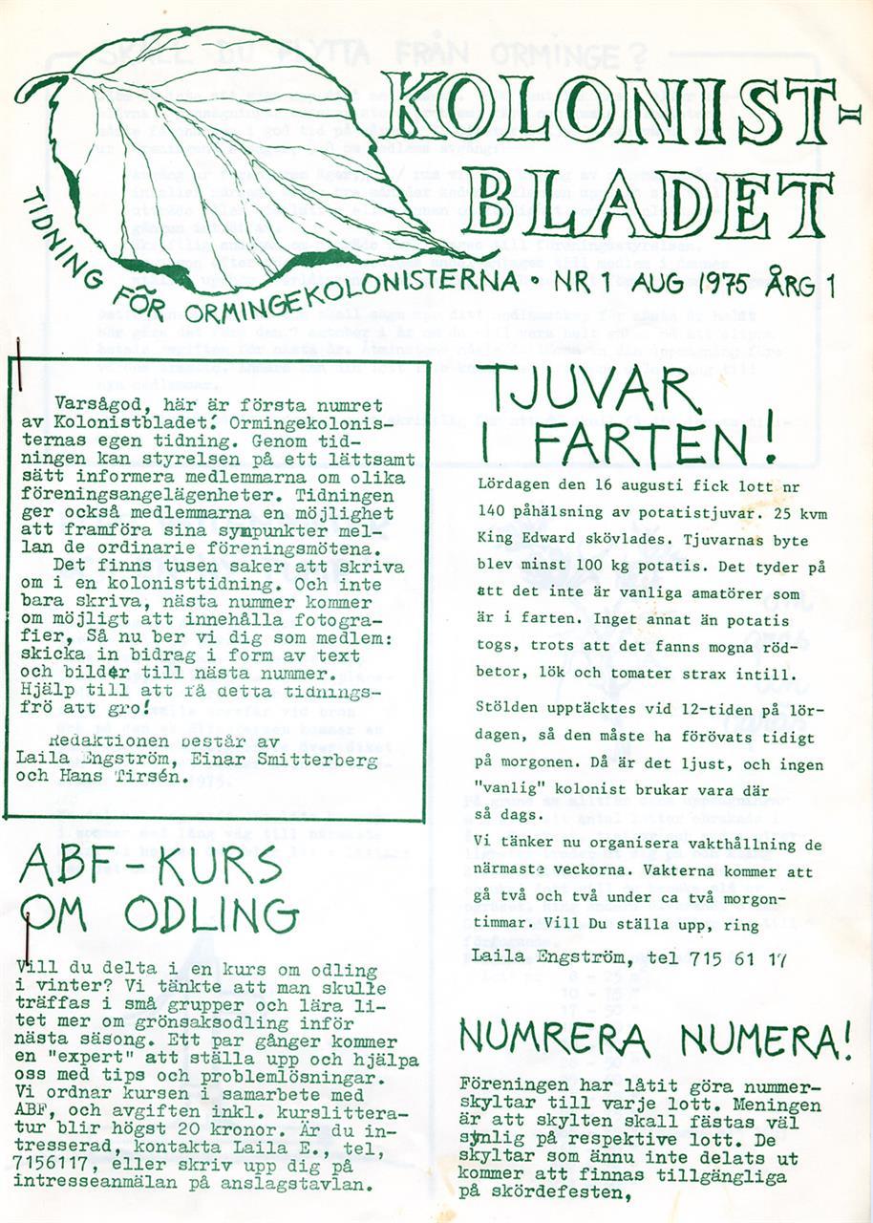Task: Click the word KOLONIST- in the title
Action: click(621, 106)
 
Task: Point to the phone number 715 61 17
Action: click(739, 956)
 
